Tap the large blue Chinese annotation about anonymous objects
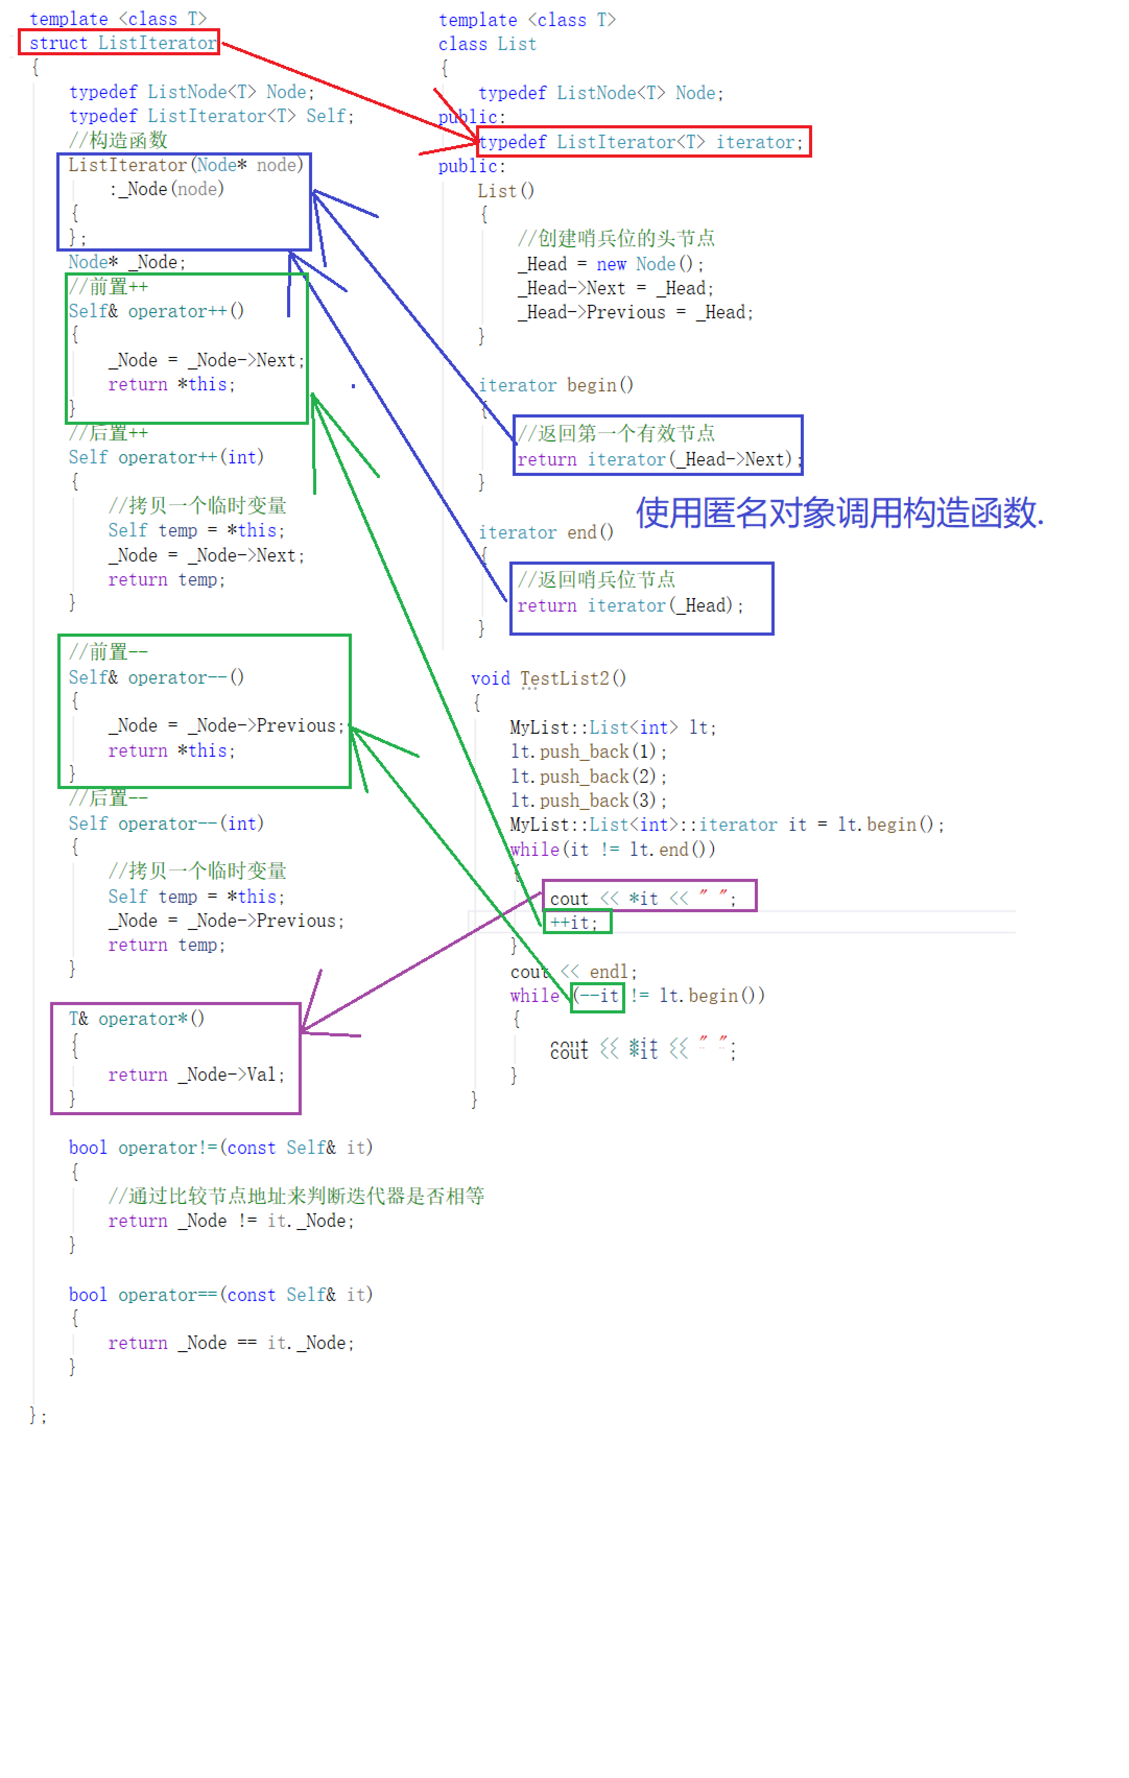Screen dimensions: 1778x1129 point(839,512)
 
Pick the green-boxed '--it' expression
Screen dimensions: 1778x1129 point(598,996)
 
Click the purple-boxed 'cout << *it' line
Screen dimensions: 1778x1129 point(643,898)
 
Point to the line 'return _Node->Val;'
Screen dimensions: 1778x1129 point(196,1075)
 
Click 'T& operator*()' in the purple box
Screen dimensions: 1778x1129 point(137,1019)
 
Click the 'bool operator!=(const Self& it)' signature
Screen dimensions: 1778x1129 point(220,1148)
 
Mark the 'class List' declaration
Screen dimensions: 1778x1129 point(488,44)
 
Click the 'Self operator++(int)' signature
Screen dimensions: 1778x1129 point(166,457)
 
